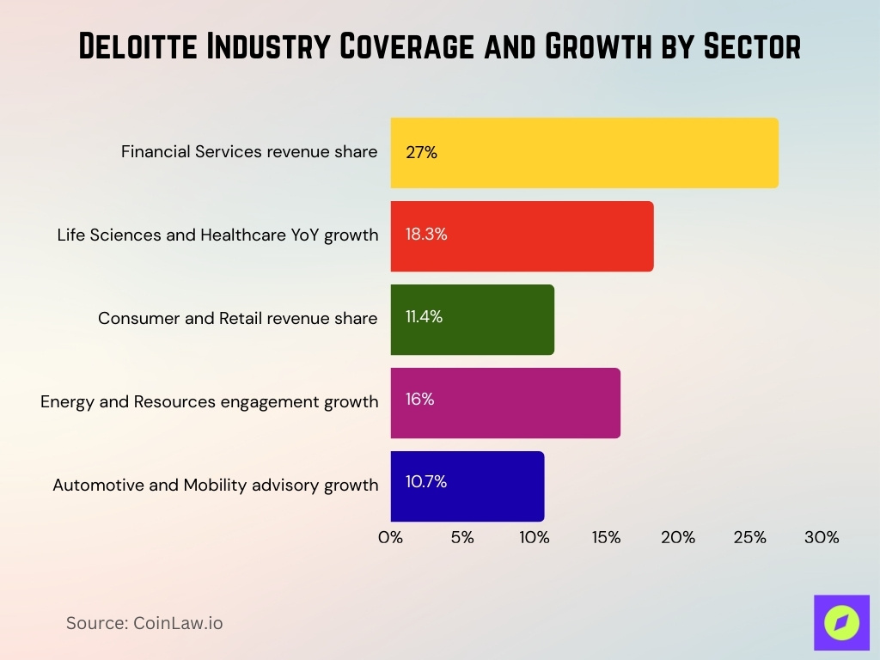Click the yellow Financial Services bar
pyautogui.click(x=584, y=153)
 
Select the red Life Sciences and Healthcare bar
pyautogui.click(x=522, y=236)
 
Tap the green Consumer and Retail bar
pyautogui.click(x=472, y=320)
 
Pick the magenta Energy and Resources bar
pyautogui.click(x=505, y=402)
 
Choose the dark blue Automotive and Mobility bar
pyautogui.click(x=467, y=486)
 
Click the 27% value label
pyautogui.click(x=421, y=153)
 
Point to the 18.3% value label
pyautogui.click(x=426, y=234)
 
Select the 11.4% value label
pyautogui.click(x=424, y=316)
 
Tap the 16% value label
pyautogui.click(x=419, y=399)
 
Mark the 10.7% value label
pyautogui.click(x=426, y=481)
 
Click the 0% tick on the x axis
pyautogui.click(x=391, y=537)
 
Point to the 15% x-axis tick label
pyautogui.click(x=606, y=537)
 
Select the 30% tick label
pyautogui.click(x=822, y=537)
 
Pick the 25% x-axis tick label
pyautogui.click(x=749, y=537)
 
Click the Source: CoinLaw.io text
pyautogui.click(x=144, y=623)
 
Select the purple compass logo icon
pyautogui.click(x=841, y=622)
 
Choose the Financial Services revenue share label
pyautogui.click(x=249, y=152)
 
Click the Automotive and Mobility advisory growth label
pyautogui.click(x=216, y=485)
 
